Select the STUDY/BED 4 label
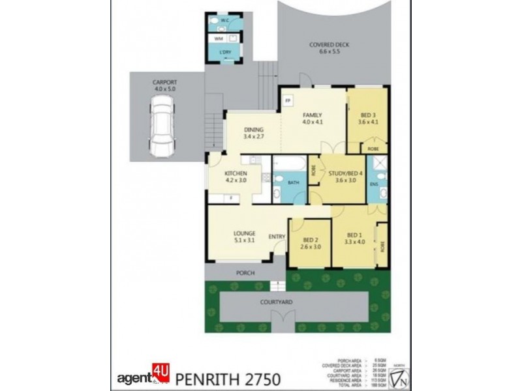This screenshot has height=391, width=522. (345, 175)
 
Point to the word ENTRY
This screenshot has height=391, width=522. (277, 236)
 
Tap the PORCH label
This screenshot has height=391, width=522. (245, 273)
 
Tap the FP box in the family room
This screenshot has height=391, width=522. (288, 101)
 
